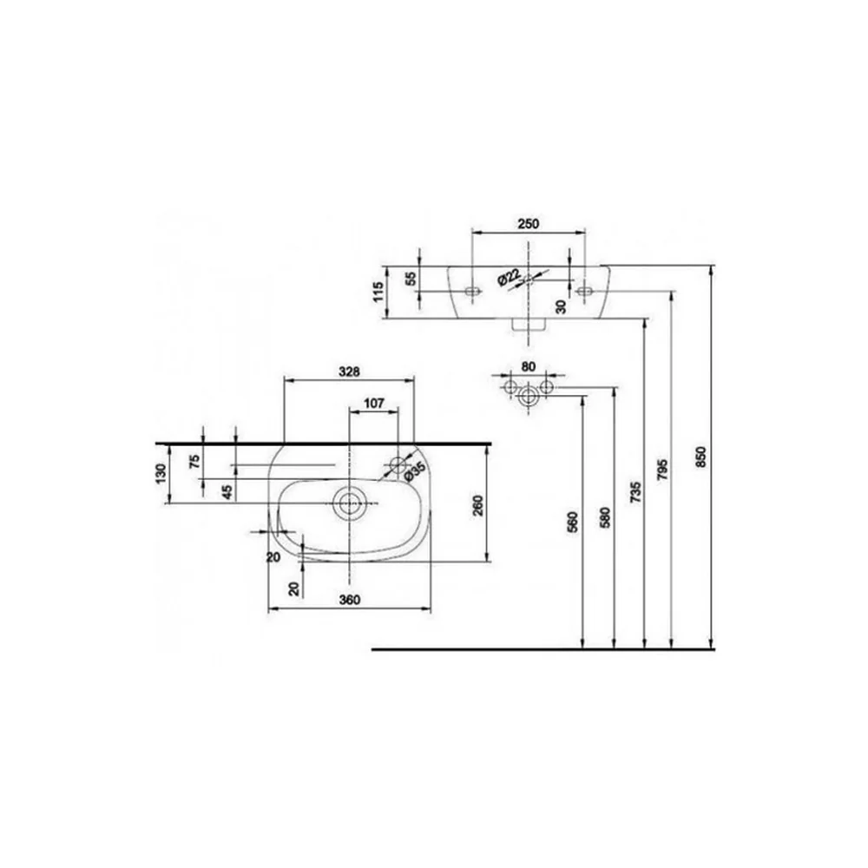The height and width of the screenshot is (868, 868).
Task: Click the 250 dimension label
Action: coord(528,224)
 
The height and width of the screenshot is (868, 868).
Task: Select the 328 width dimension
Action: coord(349,372)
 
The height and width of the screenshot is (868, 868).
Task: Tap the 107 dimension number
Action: coord(374,403)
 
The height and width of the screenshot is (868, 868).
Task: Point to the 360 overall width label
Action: coord(349,600)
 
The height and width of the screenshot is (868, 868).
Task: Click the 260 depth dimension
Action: coord(477,505)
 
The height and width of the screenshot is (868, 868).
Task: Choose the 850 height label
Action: coord(700,457)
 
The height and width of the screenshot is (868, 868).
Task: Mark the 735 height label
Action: coord(635,492)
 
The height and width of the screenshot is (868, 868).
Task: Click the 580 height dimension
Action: coord(605,517)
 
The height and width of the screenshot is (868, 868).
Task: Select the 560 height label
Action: coord(573,522)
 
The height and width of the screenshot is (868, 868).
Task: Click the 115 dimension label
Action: coord(378,292)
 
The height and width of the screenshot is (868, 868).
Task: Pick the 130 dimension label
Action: coord(160,472)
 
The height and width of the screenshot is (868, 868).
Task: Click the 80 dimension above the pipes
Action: coord(528,366)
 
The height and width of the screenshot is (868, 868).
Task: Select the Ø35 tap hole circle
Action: coord(398,464)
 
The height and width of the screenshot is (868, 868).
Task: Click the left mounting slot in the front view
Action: coord(471,291)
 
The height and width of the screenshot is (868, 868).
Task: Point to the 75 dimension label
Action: coord(194,461)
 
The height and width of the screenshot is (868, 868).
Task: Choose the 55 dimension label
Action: coord(411,279)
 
